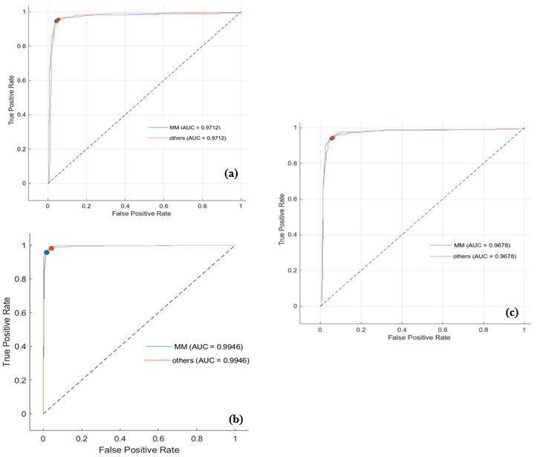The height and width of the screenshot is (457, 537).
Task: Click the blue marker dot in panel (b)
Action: tap(47, 253)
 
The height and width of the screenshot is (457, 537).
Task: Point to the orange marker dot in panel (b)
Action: tap(51, 248)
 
